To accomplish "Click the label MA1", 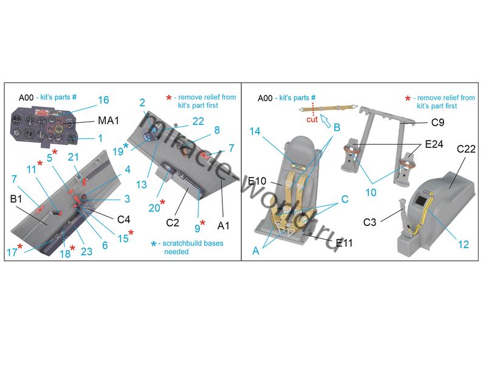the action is (x=108, y=120).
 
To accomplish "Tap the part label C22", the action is (x=466, y=149).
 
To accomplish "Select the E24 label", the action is (x=434, y=144).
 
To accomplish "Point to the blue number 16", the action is (x=103, y=100).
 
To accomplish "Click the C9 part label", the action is (x=437, y=123).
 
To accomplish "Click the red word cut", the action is (x=312, y=119).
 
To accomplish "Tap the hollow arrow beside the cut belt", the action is (x=325, y=120).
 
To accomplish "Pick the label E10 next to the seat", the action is (x=257, y=181).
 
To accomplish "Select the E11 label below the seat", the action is (x=344, y=243).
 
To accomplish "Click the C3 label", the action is (x=369, y=222).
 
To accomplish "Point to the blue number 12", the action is (x=464, y=245).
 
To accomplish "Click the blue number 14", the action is (x=255, y=131).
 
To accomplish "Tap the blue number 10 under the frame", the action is (x=371, y=193).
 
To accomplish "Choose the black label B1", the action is (x=16, y=199).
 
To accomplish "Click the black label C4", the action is (x=123, y=220).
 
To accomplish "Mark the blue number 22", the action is (x=198, y=121).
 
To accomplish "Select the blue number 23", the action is (x=86, y=251).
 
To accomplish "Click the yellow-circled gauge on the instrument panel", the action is (x=59, y=127).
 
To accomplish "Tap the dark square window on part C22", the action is (x=420, y=201).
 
